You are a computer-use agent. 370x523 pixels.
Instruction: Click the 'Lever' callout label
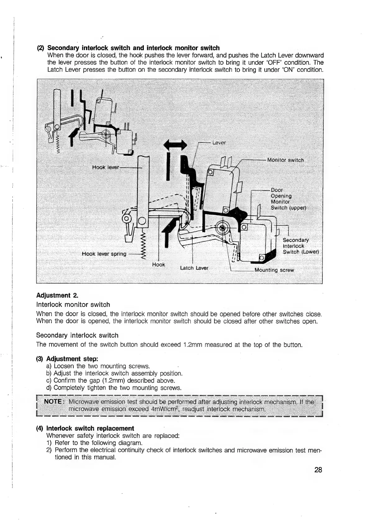point(219,143)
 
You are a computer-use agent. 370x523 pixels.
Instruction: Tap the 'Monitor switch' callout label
point(285,160)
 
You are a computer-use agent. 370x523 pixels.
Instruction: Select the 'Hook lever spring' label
point(104,254)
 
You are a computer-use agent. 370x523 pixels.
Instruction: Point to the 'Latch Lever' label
point(194,268)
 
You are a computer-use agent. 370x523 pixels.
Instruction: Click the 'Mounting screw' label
point(274,270)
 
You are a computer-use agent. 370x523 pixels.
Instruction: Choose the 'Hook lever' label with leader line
point(106,167)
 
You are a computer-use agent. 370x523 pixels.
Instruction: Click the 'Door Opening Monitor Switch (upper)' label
point(288,199)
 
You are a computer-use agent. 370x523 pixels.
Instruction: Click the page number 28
point(318,470)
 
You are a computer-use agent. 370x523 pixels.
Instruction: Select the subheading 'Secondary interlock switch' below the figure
point(77,336)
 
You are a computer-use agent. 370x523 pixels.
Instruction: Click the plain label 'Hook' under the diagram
point(158,265)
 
